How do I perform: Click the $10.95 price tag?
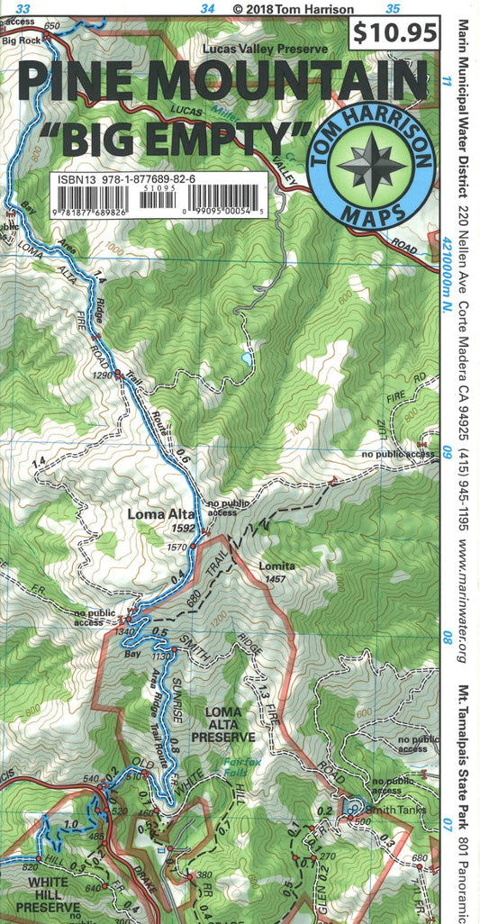coord(395,33)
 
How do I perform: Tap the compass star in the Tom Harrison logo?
coord(371,166)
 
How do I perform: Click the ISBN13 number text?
coord(125,180)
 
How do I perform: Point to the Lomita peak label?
coord(276,566)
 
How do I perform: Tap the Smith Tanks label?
coord(394,810)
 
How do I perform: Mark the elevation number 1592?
coord(184,529)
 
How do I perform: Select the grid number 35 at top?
coord(392,8)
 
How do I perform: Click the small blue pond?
coord(246,358)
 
